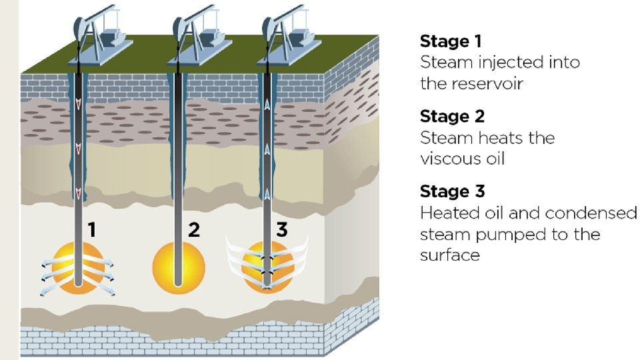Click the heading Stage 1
pyautogui.click(x=450, y=41)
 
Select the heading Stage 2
pyautogui.click(x=452, y=117)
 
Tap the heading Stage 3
pyautogui.click(x=452, y=192)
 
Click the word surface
pyautogui.click(x=450, y=255)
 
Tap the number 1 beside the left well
pyautogui.click(x=92, y=231)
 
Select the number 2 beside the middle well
pyautogui.click(x=193, y=231)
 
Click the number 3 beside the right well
pyautogui.click(x=282, y=231)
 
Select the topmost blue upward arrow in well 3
pyautogui.click(x=267, y=103)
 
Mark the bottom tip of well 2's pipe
pyautogui.click(x=177, y=285)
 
